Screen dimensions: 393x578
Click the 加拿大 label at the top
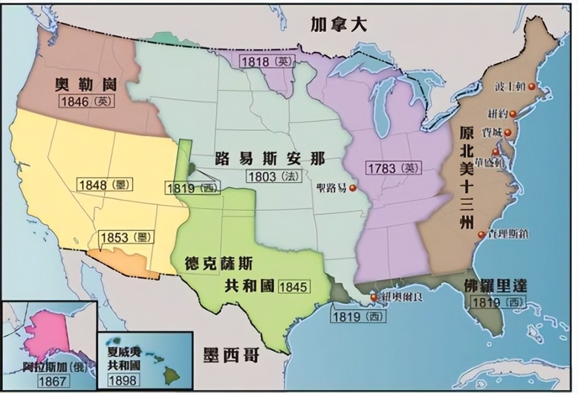(x=339, y=24)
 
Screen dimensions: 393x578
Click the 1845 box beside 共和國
(x=294, y=286)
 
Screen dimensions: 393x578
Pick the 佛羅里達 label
(x=495, y=286)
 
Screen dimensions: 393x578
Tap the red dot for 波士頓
(x=531, y=86)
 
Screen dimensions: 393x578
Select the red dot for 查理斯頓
(x=481, y=235)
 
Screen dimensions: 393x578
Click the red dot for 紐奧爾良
(x=373, y=298)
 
